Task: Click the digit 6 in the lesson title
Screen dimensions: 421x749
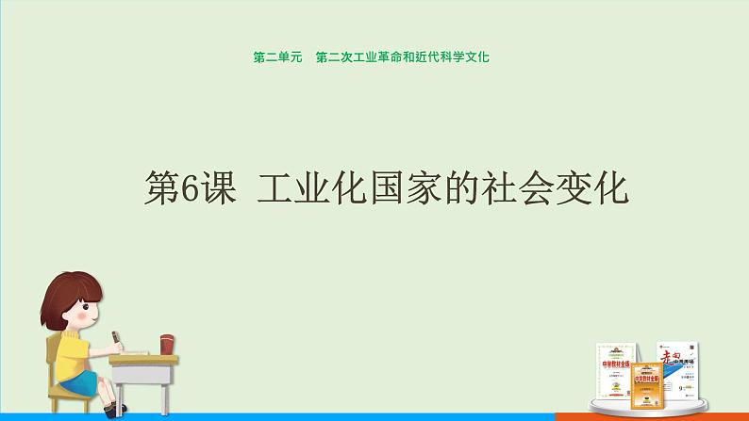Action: [x=184, y=188]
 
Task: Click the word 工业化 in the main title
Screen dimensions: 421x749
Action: [x=310, y=188]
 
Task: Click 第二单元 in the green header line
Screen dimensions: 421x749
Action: [x=276, y=57]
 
